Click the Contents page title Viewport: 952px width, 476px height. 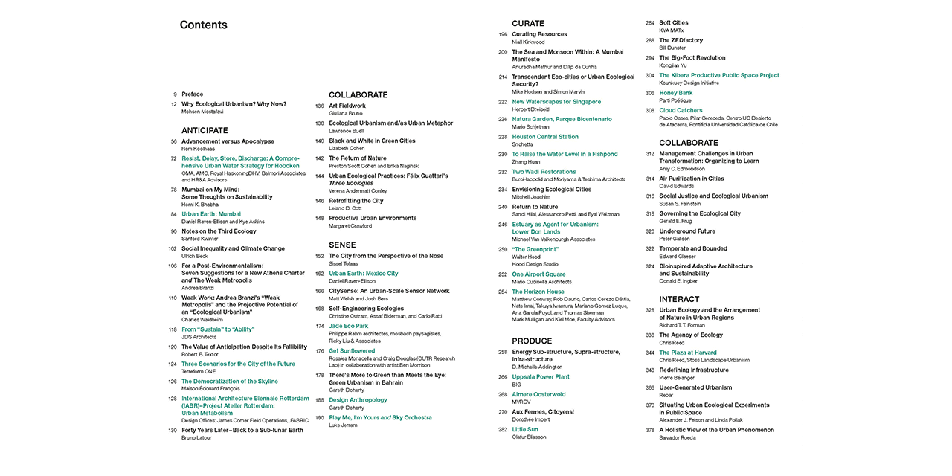pyautogui.click(x=203, y=25)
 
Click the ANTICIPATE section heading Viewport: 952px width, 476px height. pyautogui.click(x=205, y=130)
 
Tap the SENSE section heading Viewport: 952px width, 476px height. pyautogui.click(x=342, y=245)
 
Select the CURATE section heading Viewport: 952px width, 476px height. pyautogui.click(x=528, y=24)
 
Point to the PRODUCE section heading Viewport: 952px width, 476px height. pyautogui.click(x=532, y=341)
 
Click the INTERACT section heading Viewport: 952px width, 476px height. pyautogui.click(x=679, y=300)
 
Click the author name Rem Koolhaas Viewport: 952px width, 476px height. pyautogui.click(x=199, y=149)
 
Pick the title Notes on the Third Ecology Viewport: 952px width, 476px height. pyautogui.click(x=219, y=231)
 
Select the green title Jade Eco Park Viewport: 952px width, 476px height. pyautogui.click(x=348, y=326)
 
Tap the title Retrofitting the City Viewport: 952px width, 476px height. pyautogui.click(x=356, y=201)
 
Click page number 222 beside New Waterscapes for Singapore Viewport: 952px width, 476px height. pyautogui.click(x=503, y=102)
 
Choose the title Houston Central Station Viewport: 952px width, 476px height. pyautogui.click(x=545, y=137)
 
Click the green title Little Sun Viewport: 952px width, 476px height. pyautogui.click(x=525, y=429)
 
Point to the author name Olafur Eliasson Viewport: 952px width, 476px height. pyautogui.click(x=529, y=437)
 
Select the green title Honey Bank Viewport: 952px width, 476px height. pyautogui.click(x=675, y=93)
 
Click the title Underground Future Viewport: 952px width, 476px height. pyautogui.click(x=687, y=231)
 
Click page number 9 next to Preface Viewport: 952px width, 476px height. pyautogui.click(x=175, y=94)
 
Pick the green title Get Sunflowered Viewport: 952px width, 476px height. pyautogui.click(x=352, y=350)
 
